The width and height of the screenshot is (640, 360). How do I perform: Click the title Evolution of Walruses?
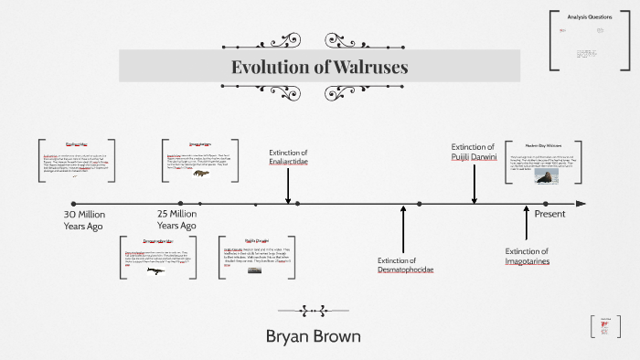click(x=319, y=68)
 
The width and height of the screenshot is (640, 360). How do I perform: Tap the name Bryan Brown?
click(x=313, y=336)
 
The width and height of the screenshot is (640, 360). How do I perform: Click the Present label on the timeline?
click(x=550, y=214)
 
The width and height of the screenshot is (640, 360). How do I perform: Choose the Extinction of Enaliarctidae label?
click(x=288, y=156)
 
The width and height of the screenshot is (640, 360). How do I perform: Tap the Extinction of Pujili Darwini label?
click(x=473, y=152)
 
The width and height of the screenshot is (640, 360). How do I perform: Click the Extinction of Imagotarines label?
click(x=526, y=257)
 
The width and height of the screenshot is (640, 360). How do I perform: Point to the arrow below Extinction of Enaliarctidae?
click(x=288, y=186)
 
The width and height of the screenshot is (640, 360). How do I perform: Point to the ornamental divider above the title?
click(x=319, y=40)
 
